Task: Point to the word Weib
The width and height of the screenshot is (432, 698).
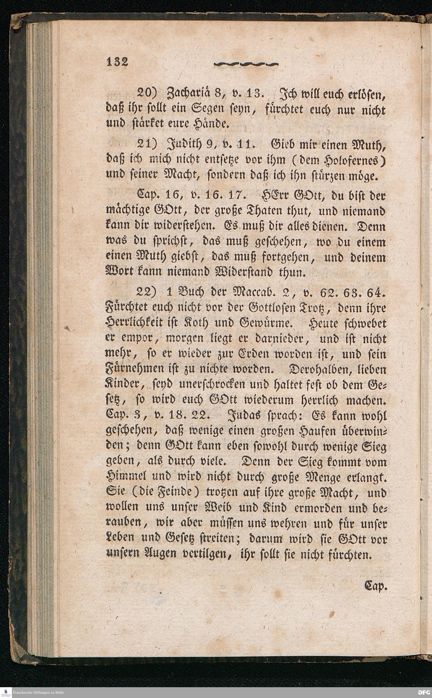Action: pos(220,508)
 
